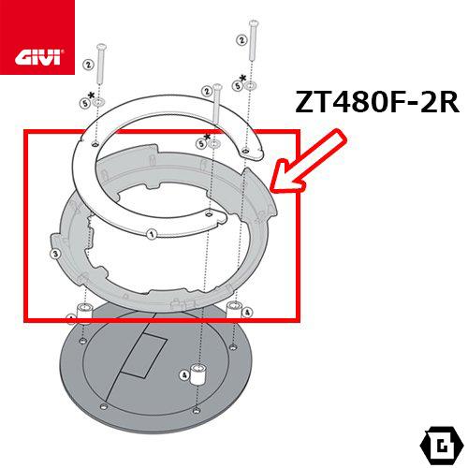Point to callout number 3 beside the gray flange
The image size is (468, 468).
pyautogui.click(x=55, y=253)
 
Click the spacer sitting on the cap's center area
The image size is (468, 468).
pyautogui.click(x=197, y=370)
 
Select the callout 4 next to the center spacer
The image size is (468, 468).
pyautogui.click(x=184, y=376)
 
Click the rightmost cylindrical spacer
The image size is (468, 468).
pyautogui.click(x=231, y=310)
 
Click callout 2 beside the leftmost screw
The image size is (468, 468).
pyautogui.click(x=87, y=65)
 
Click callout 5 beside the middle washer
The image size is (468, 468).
pyautogui.click(x=202, y=143)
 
